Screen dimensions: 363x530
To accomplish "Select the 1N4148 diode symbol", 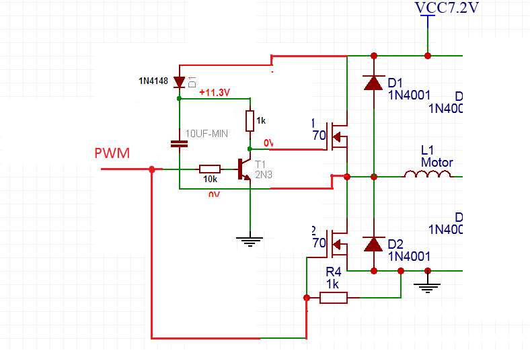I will (179, 82).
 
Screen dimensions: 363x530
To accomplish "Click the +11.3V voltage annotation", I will (215, 93).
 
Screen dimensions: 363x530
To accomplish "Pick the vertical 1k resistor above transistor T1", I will (250, 121).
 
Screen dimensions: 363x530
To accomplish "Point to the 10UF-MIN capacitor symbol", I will (179, 143).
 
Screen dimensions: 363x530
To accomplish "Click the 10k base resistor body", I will (210, 169).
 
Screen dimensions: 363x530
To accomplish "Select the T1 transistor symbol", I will (245, 169).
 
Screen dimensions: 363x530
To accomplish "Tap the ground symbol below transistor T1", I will (250, 239).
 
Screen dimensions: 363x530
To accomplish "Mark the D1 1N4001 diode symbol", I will (373, 83).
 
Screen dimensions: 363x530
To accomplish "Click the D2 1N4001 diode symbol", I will (373, 244).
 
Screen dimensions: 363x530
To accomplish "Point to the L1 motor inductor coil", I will (428, 174).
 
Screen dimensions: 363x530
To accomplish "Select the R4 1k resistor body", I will (334, 297).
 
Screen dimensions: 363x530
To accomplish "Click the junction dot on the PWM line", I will (152, 169).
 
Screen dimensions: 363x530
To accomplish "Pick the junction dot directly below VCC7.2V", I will (427, 55).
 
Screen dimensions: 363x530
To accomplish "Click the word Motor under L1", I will (437, 162).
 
